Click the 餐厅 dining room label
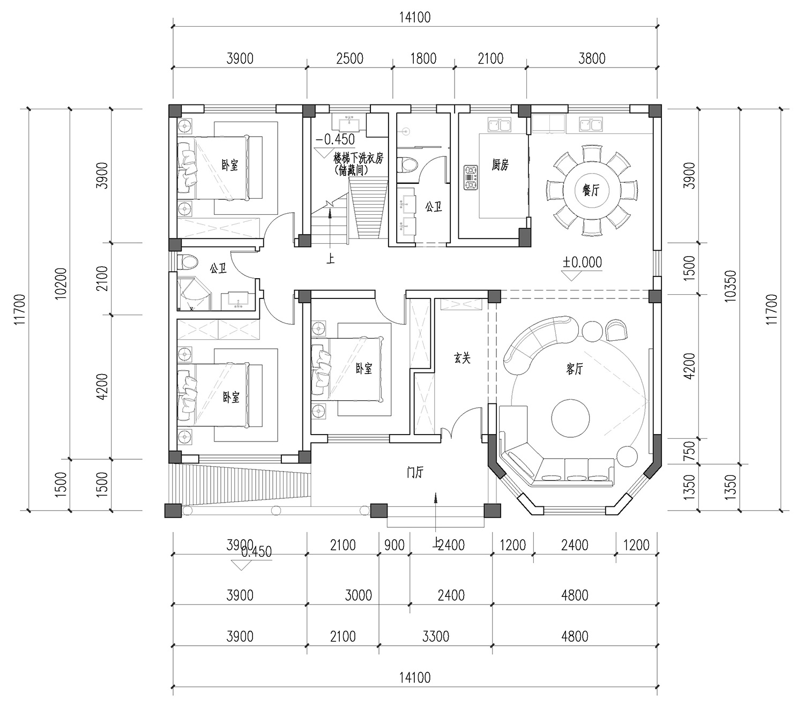(591, 191)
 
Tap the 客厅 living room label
(575, 370)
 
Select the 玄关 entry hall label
(463, 358)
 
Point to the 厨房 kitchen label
(500, 165)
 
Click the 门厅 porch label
(415, 472)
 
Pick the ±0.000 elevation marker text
(582, 263)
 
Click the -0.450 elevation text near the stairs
(336, 140)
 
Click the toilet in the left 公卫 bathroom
(188, 261)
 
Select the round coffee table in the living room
(570, 418)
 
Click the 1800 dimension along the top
(423, 59)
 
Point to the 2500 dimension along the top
(349, 59)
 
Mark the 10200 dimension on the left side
(62, 284)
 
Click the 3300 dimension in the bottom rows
(435, 637)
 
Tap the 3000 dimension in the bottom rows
(359, 595)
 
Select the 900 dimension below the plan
(394, 545)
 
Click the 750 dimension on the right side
(690, 451)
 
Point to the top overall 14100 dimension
(415, 18)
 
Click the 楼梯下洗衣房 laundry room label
(359, 159)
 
